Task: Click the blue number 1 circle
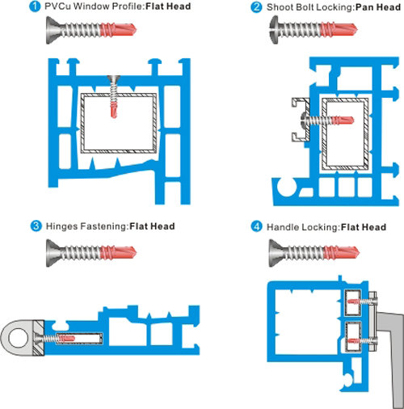35,6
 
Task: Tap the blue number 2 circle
256,7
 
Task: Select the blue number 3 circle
36,226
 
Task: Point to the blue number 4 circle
256,226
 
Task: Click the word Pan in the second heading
364,7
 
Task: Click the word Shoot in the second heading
280,7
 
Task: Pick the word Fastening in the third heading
103,226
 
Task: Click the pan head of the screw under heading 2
274,30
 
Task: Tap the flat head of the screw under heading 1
53,30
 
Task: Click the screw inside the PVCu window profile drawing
114,96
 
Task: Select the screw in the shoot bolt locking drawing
327,120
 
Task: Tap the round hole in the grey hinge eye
19,338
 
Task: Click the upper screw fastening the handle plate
363,301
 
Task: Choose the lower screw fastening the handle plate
363,341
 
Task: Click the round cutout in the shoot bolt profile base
287,187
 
